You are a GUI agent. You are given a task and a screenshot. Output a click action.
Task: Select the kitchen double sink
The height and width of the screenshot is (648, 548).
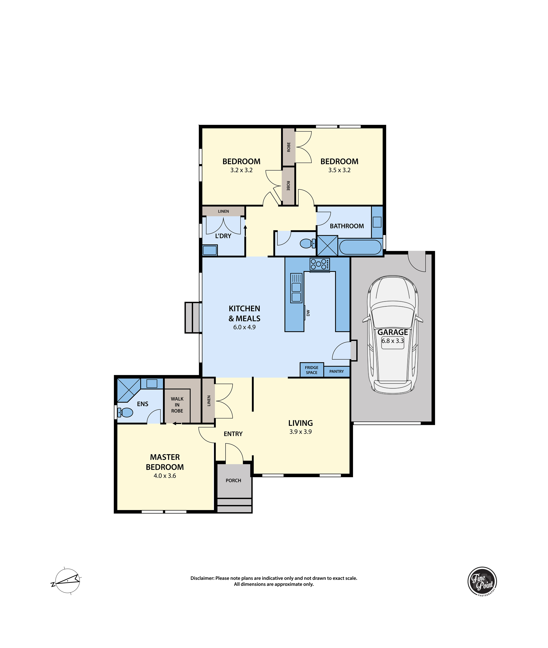tap(296, 288)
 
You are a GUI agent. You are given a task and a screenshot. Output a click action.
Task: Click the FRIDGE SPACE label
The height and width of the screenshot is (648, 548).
tap(312, 370)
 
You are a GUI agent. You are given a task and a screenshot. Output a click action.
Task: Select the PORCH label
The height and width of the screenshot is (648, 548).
tap(233, 481)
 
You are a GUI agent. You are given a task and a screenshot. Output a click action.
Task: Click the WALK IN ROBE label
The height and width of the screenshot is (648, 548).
tap(177, 405)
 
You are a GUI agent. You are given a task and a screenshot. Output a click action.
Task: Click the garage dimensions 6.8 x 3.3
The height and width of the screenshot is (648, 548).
tap(393, 341)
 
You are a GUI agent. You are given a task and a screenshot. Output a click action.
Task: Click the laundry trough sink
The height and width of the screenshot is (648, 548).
tap(210, 250)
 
